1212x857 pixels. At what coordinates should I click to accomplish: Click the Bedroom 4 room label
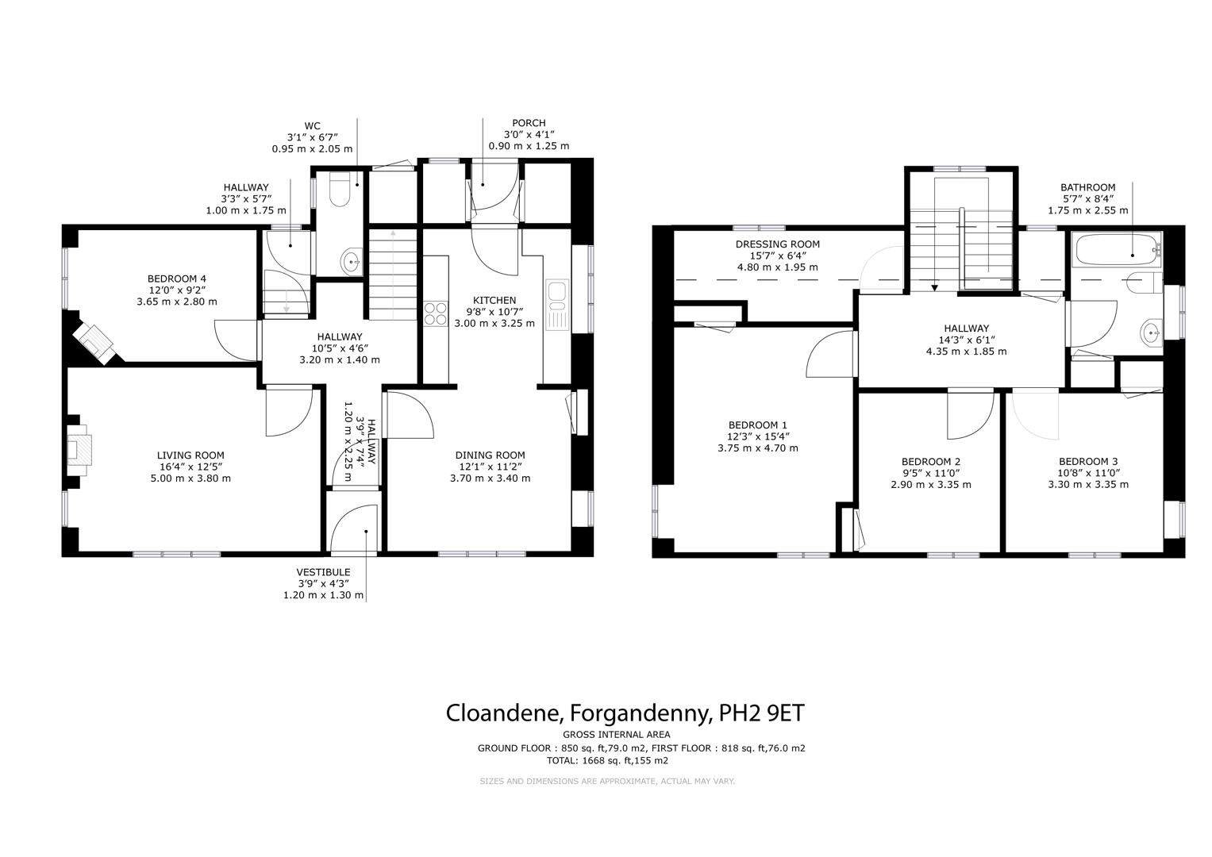[176, 279]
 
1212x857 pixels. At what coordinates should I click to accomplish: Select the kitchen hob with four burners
[436, 313]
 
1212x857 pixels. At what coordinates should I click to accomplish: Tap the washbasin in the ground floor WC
[351, 259]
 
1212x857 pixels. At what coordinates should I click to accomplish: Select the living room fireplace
[79, 450]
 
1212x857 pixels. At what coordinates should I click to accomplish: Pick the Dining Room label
[490, 455]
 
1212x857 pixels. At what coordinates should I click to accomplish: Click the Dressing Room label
[777, 244]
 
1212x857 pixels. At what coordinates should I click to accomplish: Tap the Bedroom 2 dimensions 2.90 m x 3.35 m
[930, 485]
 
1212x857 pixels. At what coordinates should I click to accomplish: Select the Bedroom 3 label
[1088, 462]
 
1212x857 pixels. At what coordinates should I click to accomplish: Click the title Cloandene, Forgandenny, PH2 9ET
[625, 713]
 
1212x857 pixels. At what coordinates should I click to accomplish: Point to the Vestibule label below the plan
[323, 572]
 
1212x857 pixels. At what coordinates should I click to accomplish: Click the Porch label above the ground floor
[529, 123]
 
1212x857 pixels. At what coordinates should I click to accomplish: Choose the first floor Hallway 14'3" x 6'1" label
[966, 329]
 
